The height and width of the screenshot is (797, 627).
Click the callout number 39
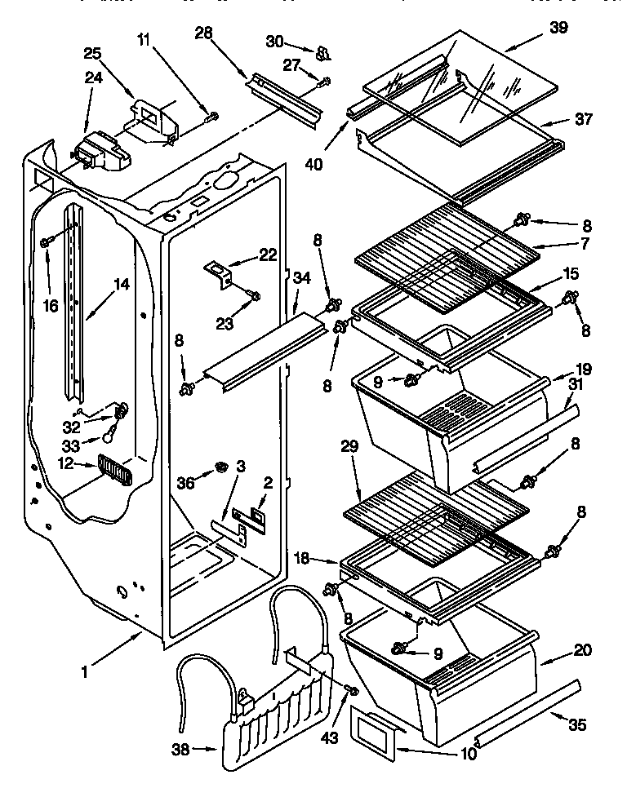(x=559, y=27)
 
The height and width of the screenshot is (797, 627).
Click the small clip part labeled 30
(x=322, y=53)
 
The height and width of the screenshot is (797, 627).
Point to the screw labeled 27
(x=326, y=80)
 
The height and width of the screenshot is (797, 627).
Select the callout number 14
(x=121, y=285)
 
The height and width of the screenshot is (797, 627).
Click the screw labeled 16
(x=47, y=241)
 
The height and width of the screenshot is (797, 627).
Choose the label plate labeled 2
(x=256, y=515)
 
